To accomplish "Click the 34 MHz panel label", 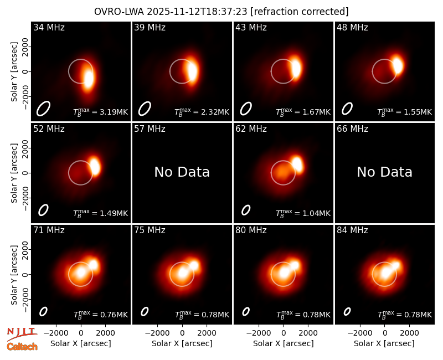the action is (49, 27).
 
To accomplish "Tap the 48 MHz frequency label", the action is (352, 27).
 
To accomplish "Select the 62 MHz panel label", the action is (251, 129).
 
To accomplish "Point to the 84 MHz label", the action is (352, 230).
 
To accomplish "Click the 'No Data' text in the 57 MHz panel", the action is (182, 172).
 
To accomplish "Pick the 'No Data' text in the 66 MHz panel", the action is (384, 172).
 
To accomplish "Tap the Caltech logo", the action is (22, 347).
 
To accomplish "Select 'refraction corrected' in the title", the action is (300, 12).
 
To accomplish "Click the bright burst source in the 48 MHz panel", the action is (398, 65).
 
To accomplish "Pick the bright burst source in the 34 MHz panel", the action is (89, 79).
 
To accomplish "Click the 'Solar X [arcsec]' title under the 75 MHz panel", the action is (182, 343).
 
